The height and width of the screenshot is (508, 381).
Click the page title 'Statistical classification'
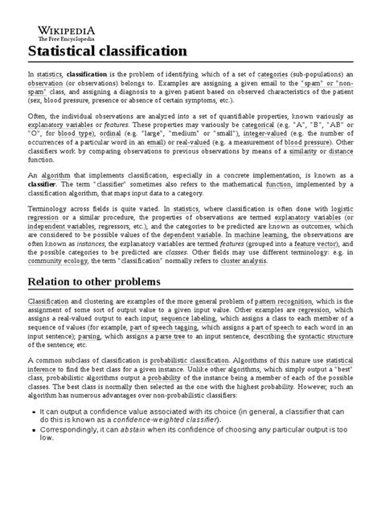pyautogui.click(x=108, y=52)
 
